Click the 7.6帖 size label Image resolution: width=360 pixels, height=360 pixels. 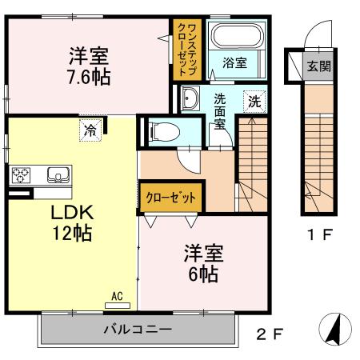[x=89, y=77]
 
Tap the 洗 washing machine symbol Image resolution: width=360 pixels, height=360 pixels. [x=254, y=102]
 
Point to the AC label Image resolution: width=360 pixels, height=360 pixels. [x=118, y=297]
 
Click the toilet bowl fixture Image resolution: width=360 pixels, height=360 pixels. [x=164, y=130]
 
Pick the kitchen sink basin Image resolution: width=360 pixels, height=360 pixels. [x=57, y=174]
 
